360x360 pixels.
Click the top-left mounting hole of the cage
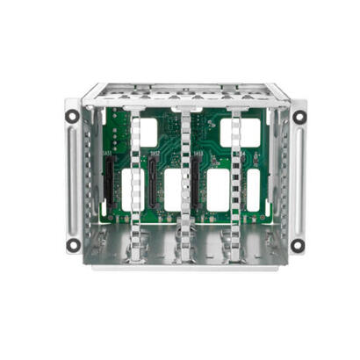73,115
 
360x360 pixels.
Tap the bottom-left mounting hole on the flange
73,245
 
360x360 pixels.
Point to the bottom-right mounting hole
298,245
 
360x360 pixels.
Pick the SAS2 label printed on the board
155,155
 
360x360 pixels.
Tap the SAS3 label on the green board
198,154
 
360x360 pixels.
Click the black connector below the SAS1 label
110,186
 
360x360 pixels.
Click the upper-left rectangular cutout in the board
148,132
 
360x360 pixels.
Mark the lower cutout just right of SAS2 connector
172,191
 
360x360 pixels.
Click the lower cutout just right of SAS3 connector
217,191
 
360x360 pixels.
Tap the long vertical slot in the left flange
73,180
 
